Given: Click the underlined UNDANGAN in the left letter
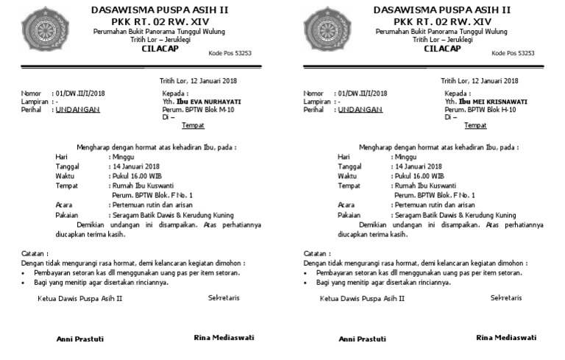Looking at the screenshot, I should [x=78, y=110].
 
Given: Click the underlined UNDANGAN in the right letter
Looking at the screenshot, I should [x=360, y=110].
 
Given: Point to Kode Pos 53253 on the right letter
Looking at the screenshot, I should [x=512, y=53].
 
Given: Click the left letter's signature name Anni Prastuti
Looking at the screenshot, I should [x=80, y=339].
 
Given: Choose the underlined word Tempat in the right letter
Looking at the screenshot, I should [x=475, y=125].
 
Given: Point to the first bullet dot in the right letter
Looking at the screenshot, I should [x=308, y=272].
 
